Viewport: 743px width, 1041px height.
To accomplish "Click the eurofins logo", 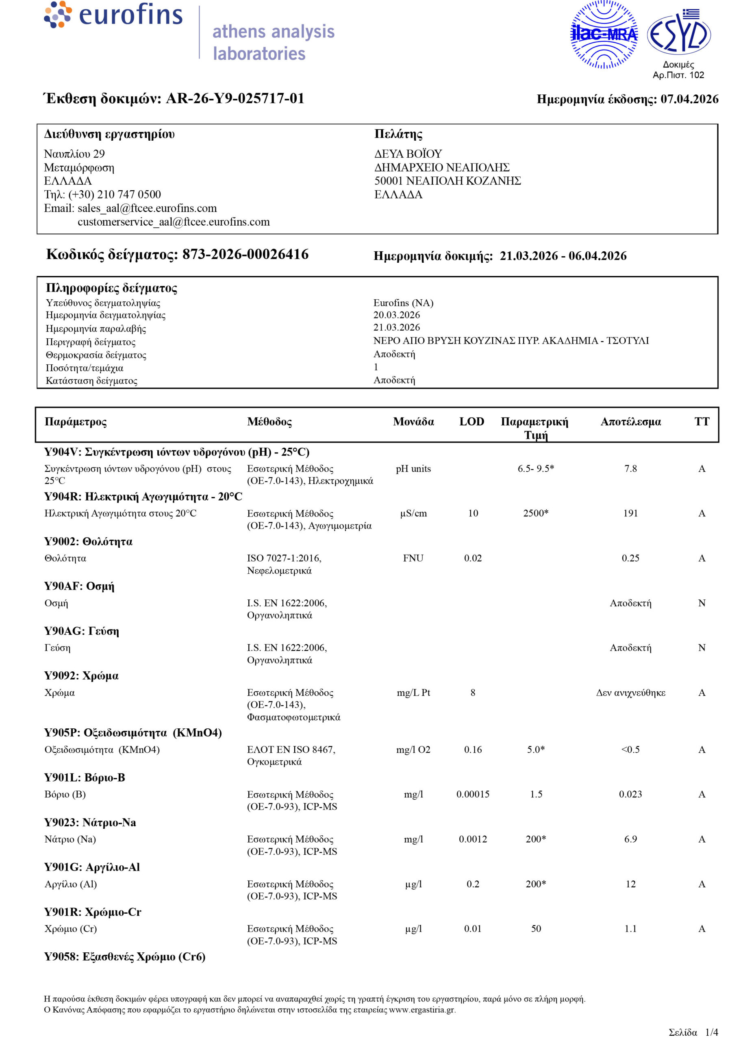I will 113,15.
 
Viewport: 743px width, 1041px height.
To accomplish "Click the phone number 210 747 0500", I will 128,194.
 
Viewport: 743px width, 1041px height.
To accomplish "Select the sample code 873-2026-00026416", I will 245,255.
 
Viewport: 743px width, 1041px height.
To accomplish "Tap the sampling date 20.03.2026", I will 396,315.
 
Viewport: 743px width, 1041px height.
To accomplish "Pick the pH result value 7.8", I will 630,468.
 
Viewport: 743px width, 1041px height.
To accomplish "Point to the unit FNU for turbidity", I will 413,558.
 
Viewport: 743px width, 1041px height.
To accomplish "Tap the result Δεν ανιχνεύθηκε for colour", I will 630,693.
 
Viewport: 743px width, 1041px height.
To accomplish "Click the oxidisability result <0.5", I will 630,749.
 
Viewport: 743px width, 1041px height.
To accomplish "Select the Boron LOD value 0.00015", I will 473,794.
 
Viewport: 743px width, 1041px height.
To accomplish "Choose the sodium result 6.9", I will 630,839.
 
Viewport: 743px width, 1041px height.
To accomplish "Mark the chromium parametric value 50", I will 536,928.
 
